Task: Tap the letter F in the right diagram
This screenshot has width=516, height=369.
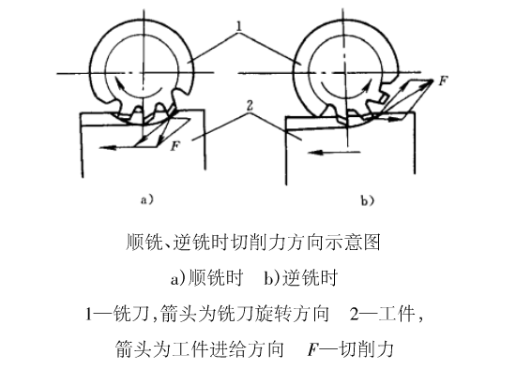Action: [442, 82]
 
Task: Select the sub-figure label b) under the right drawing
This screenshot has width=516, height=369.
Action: [367, 199]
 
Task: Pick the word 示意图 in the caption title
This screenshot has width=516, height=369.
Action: [357, 242]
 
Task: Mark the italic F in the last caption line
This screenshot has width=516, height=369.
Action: [311, 349]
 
